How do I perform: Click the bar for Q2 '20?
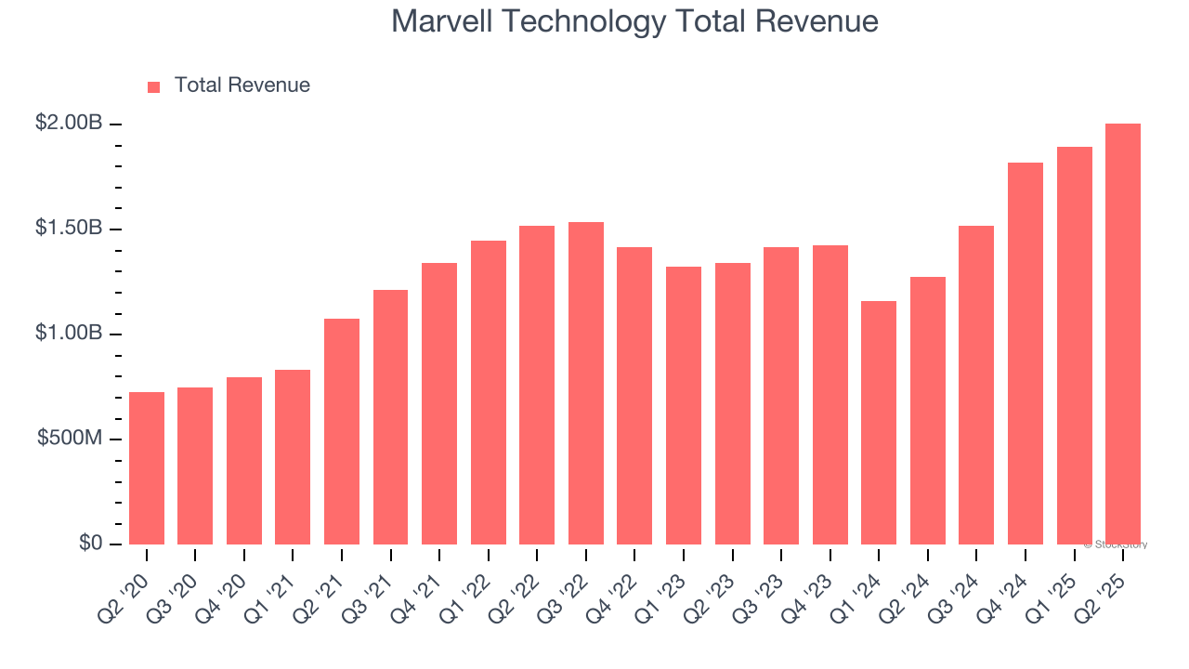click(x=147, y=468)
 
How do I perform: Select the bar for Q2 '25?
click(x=1123, y=334)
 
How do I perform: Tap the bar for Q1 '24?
click(x=879, y=423)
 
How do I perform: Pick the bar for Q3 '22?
click(x=586, y=383)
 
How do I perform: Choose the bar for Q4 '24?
click(x=1026, y=353)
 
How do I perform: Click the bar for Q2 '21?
click(x=342, y=431)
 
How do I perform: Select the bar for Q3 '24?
click(x=976, y=385)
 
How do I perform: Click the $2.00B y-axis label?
click(x=69, y=123)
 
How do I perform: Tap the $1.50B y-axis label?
click(x=69, y=228)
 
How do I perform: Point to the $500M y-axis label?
click(x=70, y=438)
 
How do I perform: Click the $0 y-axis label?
click(x=90, y=543)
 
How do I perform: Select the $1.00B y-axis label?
click(x=69, y=333)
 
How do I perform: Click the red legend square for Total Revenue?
click(x=154, y=87)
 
